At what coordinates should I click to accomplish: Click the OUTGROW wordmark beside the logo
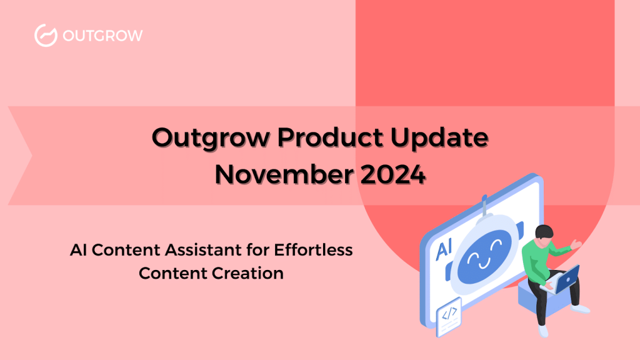click(x=102, y=36)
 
